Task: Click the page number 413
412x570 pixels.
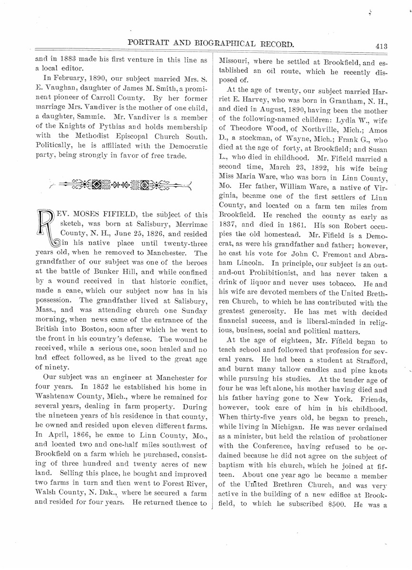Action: [381, 46]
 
